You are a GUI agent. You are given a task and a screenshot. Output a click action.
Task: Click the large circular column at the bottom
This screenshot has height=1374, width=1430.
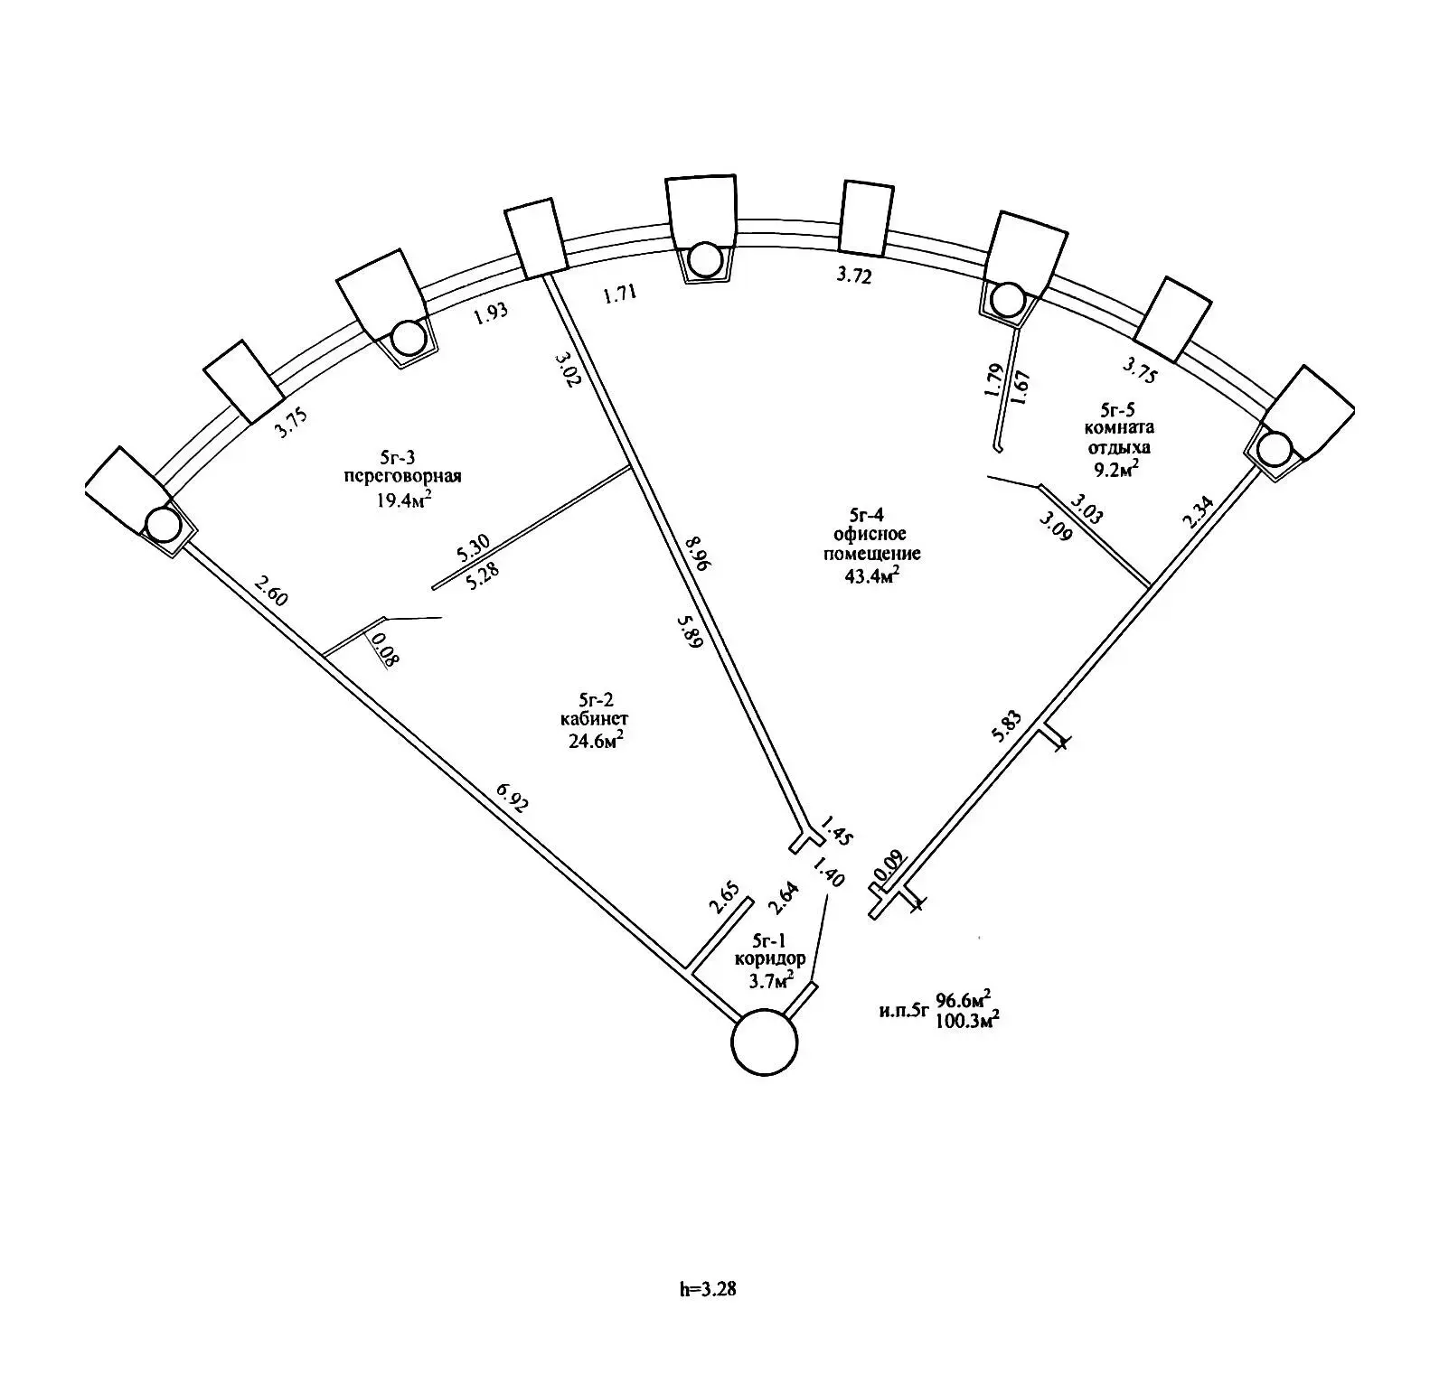(765, 1042)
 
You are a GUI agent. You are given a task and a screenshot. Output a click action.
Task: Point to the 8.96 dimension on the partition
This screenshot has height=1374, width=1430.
(698, 552)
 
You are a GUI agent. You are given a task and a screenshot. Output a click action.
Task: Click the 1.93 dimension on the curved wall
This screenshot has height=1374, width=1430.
(492, 312)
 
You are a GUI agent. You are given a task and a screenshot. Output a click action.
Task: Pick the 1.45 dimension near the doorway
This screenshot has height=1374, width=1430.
(834, 830)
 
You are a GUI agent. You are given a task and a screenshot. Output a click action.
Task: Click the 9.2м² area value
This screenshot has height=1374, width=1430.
(1115, 467)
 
